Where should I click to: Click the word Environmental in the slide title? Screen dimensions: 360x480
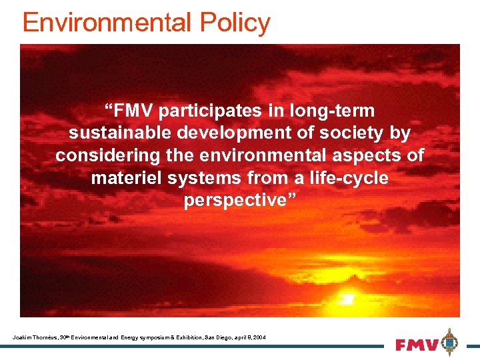pyautogui.click(x=105, y=23)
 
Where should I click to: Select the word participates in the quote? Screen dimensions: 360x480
pyautogui.click(x=212, y=110)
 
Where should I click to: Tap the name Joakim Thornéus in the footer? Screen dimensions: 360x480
pyautogui.click(x=34, y=338)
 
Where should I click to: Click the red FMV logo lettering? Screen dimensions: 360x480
pyautogui.click(x=417, y=345)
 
